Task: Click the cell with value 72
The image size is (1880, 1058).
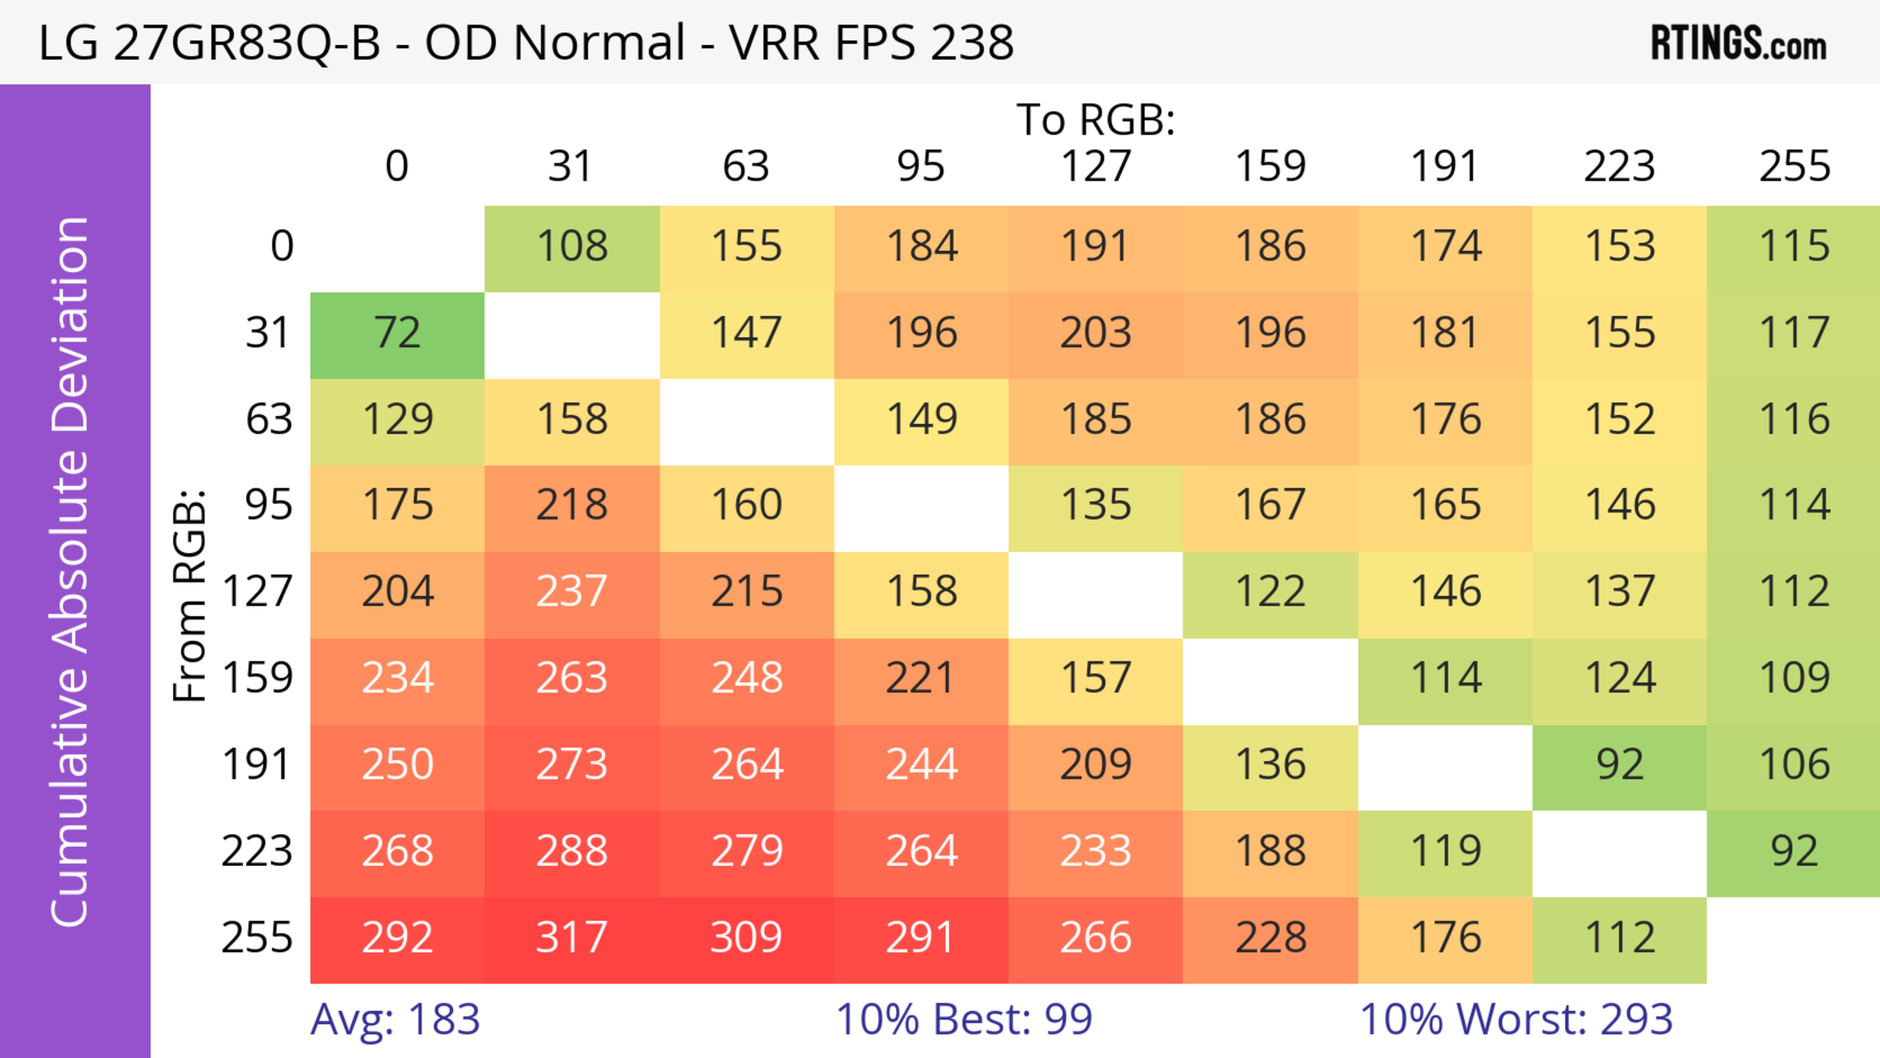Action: [x=397, y=333]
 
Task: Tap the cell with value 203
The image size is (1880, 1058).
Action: [x=1096, y=333]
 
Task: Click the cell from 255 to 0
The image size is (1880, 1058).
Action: [x=397, y=937]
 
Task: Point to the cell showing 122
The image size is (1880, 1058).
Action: [x=1270, y=591]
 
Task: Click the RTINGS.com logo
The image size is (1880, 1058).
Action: [x=1739, y=44]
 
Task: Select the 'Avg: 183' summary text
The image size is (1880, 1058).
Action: [x=395, y=1019]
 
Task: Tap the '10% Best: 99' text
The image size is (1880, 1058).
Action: [x=963, y=1019]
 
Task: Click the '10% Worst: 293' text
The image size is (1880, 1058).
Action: [x=1516, y=1019]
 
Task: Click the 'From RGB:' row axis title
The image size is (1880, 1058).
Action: [x=190, y=595]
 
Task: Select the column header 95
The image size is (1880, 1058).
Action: [x=920, y=166]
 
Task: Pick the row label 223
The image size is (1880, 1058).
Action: [x=257, y=851]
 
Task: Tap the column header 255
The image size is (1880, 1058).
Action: [x=1794, y=166]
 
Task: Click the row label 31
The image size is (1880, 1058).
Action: [x=269, y=333]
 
